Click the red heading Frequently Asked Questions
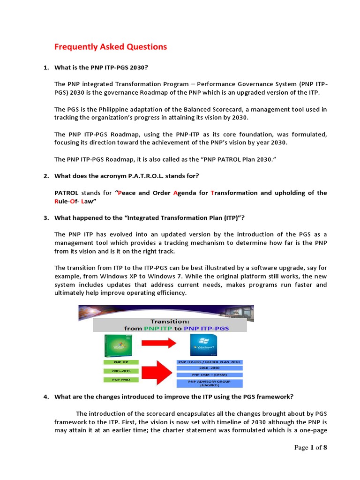point(111,46)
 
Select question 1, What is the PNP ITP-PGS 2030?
point(101,67)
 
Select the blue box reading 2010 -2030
point(210,368)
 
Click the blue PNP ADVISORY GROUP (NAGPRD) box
point(210,384)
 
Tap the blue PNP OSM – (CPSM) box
point(210,375)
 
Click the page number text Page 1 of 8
point(310,448)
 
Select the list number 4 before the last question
point(46,397)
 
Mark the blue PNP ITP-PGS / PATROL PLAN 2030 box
point(210,362)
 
